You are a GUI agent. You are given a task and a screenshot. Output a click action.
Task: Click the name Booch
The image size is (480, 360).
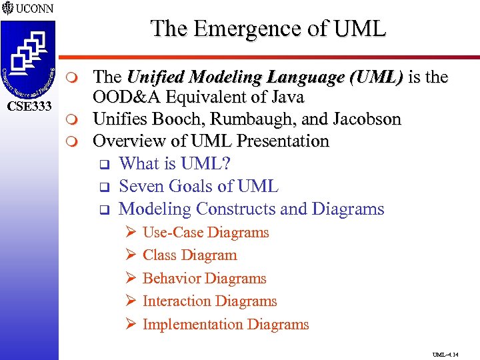pos(159,120)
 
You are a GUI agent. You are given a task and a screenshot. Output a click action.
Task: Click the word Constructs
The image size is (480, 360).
pos(233,209)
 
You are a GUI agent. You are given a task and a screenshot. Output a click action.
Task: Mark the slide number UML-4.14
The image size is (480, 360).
pos(445,355)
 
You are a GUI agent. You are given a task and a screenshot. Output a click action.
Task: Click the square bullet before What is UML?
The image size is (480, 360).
pos(103,165)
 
